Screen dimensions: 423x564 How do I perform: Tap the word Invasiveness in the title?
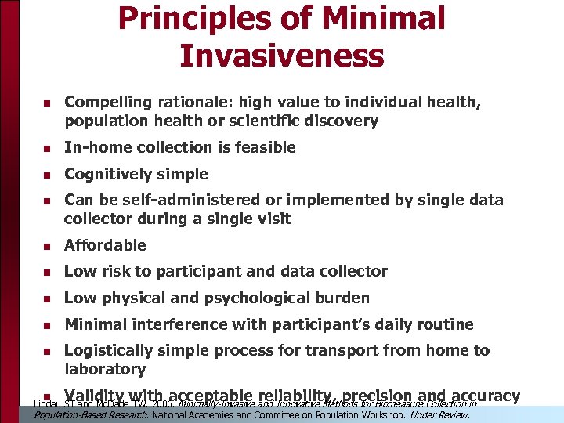[x=281, y=56]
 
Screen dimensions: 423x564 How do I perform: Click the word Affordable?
[x=105, y=245]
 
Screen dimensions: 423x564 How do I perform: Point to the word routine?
[x=446, y=324]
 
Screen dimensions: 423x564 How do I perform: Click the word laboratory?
[x=105, y=369]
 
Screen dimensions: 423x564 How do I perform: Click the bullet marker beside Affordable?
[x=46, y=246]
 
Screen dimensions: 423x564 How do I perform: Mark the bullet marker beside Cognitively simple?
[x=46, y=175]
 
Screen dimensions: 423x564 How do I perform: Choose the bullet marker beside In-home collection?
[x=46, y=148]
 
